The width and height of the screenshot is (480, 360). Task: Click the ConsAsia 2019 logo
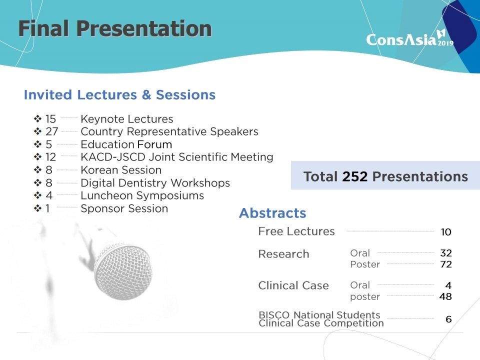409,38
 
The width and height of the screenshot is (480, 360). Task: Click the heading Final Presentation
115,28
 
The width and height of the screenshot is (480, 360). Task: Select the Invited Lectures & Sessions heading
119,94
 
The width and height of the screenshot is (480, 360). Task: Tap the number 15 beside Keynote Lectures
50,119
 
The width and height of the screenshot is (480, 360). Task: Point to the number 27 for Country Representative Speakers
51,131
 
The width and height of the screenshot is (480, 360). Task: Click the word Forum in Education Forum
154,144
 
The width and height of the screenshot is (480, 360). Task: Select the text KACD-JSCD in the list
113,157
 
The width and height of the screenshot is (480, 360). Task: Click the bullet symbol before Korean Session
37,170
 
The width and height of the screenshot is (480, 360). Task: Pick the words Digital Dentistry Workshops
155,183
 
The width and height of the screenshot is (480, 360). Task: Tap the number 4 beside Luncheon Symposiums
49,195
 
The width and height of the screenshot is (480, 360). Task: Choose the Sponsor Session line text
124,208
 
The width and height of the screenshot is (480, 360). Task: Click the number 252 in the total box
355,176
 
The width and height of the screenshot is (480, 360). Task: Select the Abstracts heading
272,213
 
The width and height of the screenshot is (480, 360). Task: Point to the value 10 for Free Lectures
446,232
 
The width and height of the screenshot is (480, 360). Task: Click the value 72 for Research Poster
446,264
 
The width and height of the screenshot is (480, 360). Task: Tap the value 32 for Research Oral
446,253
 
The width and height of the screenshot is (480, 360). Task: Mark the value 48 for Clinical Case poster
445,296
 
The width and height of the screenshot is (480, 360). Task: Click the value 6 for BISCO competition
448,319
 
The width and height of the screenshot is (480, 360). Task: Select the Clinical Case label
293,285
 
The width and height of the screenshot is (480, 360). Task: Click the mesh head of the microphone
123,271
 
